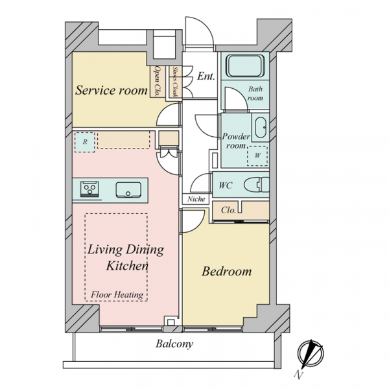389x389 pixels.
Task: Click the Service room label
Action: pyautogui.click(x=112, y=90)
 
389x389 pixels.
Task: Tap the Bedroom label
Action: pyautogui.click(x=226, y=271)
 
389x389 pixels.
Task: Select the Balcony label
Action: pyautogui.click(x=174, y=344)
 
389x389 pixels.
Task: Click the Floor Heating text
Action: pyautogui.click(x=117, y=295)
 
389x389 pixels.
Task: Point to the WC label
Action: pyautogui.click(x=226, y=185)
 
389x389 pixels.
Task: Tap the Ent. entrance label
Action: pyautogui.click(x=206, y=77)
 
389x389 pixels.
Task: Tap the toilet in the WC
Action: pyautogui.click(x=257, y=185)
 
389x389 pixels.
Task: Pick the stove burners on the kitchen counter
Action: pyautogui.click(x=89, y=189)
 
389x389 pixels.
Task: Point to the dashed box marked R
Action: pyautogui.click(x=83, y=142)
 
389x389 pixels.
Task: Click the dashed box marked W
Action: pyautogui.click(x=257, y=156)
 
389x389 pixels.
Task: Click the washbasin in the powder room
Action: pyautogui.click(x=261, y=128)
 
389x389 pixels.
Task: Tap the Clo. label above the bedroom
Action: pyautogui.click(x=228, y=210)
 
